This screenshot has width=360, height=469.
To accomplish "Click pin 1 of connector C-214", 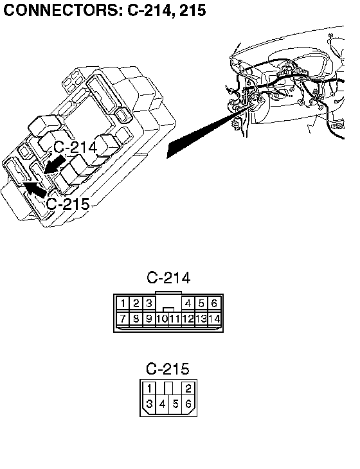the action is click(x=123, y=304).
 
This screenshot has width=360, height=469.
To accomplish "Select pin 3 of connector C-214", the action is click(x=148, y=304).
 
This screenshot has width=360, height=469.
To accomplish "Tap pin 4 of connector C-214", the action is click(x=188, y=304).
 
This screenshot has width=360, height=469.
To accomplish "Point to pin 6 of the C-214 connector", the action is click(x=214, y=304).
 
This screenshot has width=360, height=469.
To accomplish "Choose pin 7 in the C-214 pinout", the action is click(x=123, y=319).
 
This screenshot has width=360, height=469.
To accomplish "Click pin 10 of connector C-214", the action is click(x=162, y=319).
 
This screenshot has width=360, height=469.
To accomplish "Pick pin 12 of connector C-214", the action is click(x=188, y=319).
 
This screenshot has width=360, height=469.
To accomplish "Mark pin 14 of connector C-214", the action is click(x=214, y=319).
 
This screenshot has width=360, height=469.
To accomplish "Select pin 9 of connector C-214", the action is click(x=148, y=319).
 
